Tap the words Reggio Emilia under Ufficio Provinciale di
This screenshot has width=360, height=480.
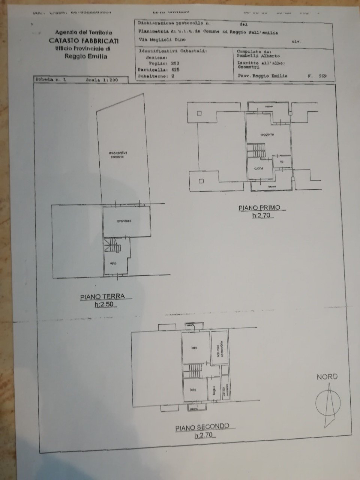pos(86,57)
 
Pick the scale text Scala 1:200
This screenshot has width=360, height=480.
pos(102,80)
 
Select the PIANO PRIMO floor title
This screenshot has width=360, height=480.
pos(262,207)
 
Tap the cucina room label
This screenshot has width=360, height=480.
pos(258,168)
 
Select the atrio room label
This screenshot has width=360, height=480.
pos(113,263)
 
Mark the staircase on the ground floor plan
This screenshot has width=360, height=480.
pos(112,246)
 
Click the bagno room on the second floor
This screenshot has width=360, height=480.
pos(212,390)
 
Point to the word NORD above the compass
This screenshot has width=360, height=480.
pos(327,377)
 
